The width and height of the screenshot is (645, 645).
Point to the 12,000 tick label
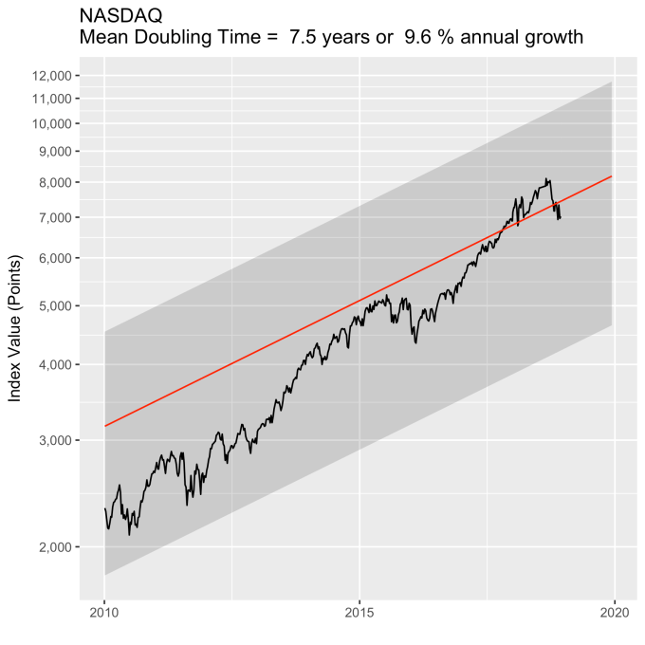pyautogui.click(x=49, y=76)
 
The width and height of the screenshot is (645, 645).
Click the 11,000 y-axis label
pyautogui.click(x=49, y=99)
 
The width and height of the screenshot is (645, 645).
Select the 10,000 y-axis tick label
pyautogui.click(x=49, y=123)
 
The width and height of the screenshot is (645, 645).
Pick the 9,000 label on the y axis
pyautogui.click(x=52, y=151)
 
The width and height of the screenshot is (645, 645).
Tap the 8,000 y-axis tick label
pyautogui.click(x=52, y=182)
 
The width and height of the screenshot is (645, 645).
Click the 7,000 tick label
pyautogui.click(x=52, y=217)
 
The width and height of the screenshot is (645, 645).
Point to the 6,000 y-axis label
pyautogui.click(x=52, y=258)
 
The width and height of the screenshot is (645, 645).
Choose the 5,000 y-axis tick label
pyautogui.click(x=52, y=305)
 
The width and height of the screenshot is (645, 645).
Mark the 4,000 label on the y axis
pyautogui.click(x=52, y=364)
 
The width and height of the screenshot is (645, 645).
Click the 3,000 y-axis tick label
pyautogui.click(x=52, y=440)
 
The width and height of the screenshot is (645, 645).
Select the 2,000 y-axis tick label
pyautogui.click(x=52, y=547)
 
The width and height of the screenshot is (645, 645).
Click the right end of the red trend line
pyautogui.click(x=612, y=176)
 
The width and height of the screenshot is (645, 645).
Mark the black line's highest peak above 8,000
pyautogui.click(x=547, y=177)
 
